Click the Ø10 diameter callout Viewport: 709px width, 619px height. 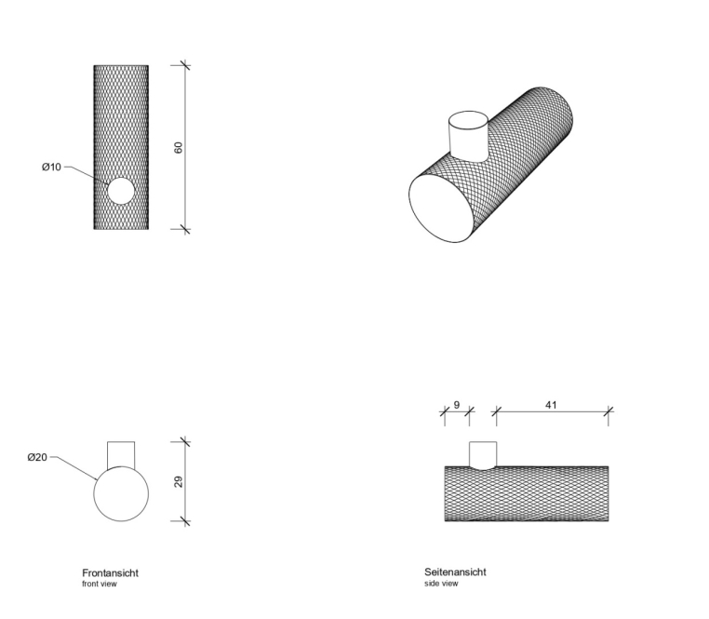point(51,167)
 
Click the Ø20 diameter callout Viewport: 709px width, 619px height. point(37,457)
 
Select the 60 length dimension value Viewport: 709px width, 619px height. point(178,147)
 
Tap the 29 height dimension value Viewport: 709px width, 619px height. point(178,481)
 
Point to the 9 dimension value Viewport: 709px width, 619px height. point(457,405)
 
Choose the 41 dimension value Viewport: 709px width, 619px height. point(551,405)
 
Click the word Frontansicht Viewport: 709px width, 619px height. point(111,572)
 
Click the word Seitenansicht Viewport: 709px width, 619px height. point(455,572)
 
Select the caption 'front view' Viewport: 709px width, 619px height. point(100,584)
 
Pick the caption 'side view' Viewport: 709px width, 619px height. point(441,584)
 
